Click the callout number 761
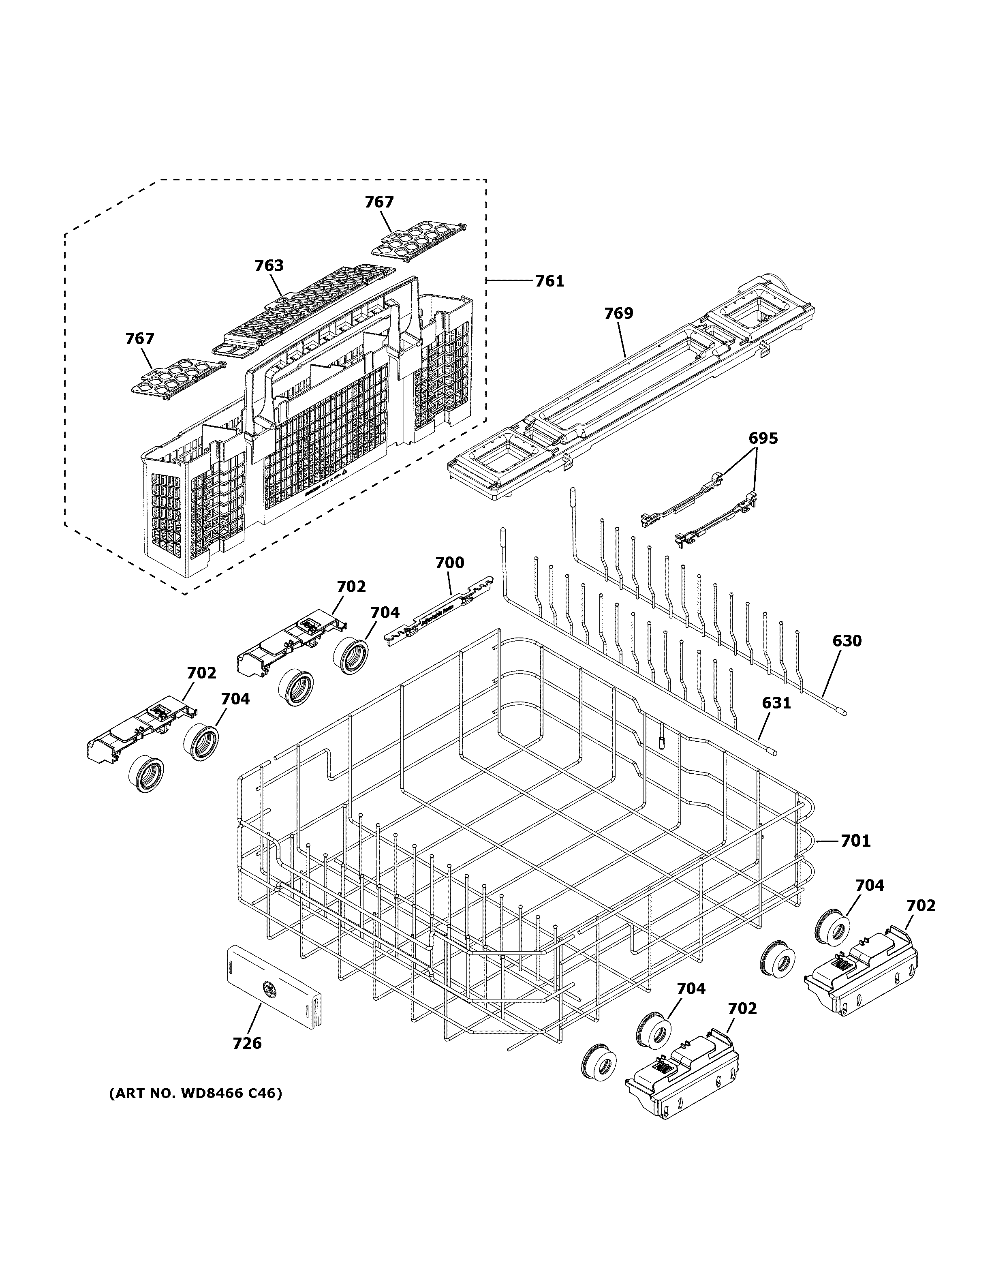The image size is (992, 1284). tap(549, 282)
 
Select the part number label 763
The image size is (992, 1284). tap(269, 266)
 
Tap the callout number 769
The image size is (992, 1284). tap(619, 313)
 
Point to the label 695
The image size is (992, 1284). tap(763, 438)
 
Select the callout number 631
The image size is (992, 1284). tap(776, 702)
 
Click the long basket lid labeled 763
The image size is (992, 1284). tap(306, 306)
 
